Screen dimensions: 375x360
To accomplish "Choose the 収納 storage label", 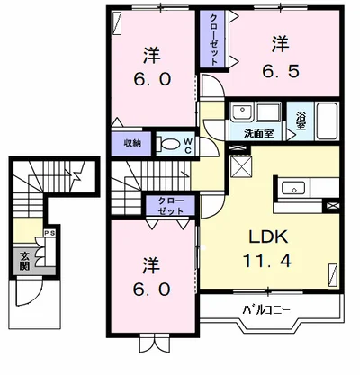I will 132,142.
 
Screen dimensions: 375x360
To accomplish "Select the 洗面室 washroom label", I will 258,133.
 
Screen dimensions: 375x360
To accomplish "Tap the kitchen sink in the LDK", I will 293,189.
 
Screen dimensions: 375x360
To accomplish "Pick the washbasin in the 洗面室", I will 242,113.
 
